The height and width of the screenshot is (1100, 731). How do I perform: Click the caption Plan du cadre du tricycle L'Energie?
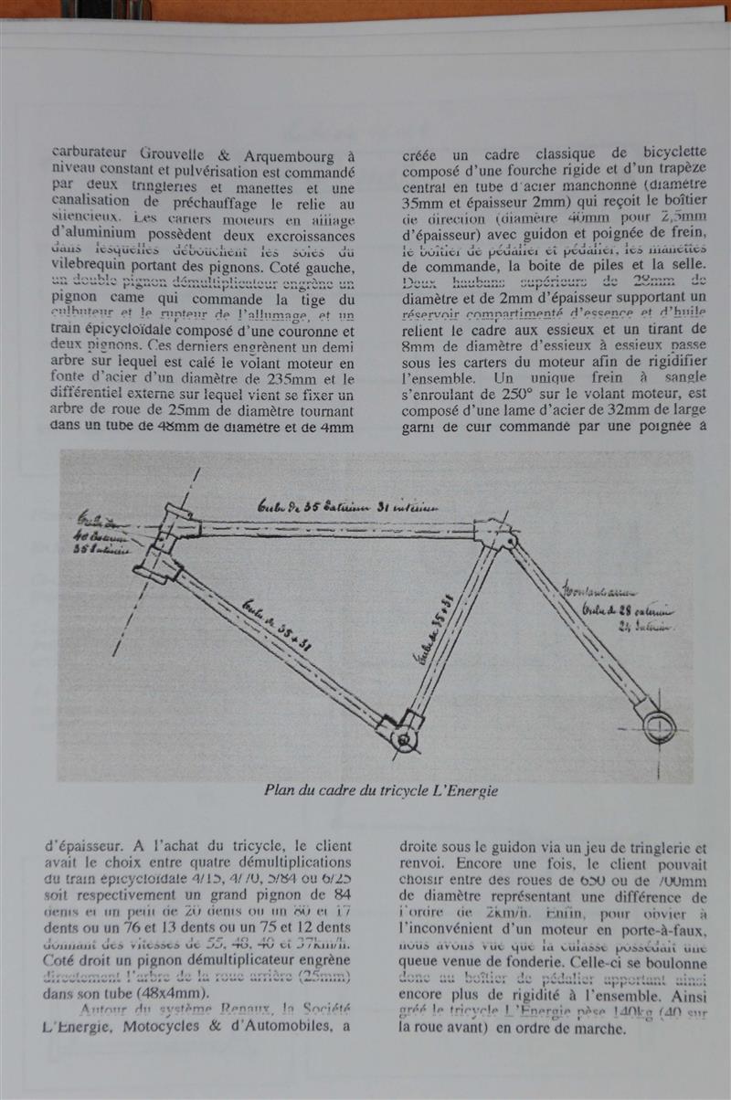point(381,791)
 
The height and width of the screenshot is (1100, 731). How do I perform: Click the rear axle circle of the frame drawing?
point(659,726)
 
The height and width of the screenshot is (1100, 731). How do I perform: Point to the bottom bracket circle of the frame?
point(403,737)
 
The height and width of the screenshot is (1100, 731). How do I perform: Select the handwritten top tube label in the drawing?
point(347,507)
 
